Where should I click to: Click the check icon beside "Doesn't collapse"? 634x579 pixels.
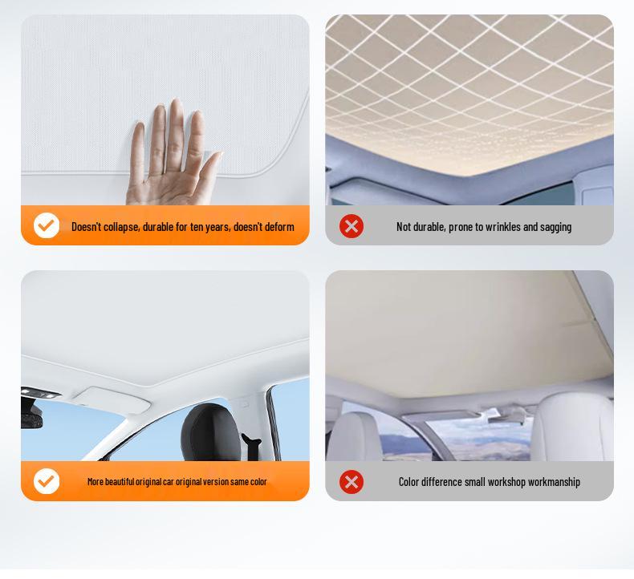(47, 226)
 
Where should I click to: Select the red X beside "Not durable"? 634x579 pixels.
(352, 226)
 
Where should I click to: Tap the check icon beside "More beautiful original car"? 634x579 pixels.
(47, 481)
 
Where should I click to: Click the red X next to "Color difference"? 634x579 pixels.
(352, 482)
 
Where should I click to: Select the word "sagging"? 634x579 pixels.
(556, 227)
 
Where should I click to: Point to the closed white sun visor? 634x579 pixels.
(116, 399)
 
